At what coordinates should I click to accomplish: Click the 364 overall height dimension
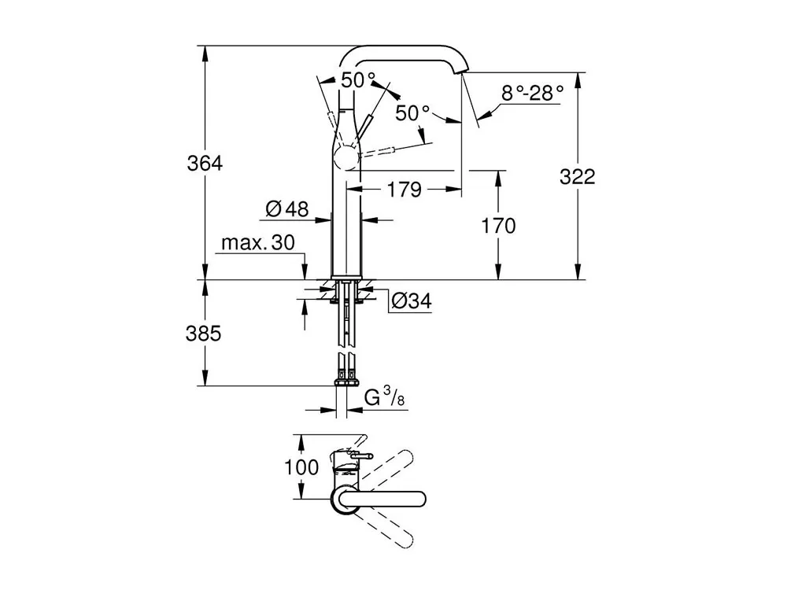coord(205,164)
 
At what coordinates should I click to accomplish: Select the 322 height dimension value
coord(577,177)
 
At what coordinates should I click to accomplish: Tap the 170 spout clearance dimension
coord(498,226)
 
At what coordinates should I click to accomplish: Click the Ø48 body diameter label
coord(286,208)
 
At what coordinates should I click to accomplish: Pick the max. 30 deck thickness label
coord(257,242)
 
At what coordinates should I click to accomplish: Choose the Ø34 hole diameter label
coord(409,300)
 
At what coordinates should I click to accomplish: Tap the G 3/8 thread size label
coord(385,399)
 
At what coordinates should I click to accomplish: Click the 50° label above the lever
coord(358,79)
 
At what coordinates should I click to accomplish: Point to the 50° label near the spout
coord(412,113)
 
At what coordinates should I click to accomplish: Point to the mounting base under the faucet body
coord(345,286)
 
